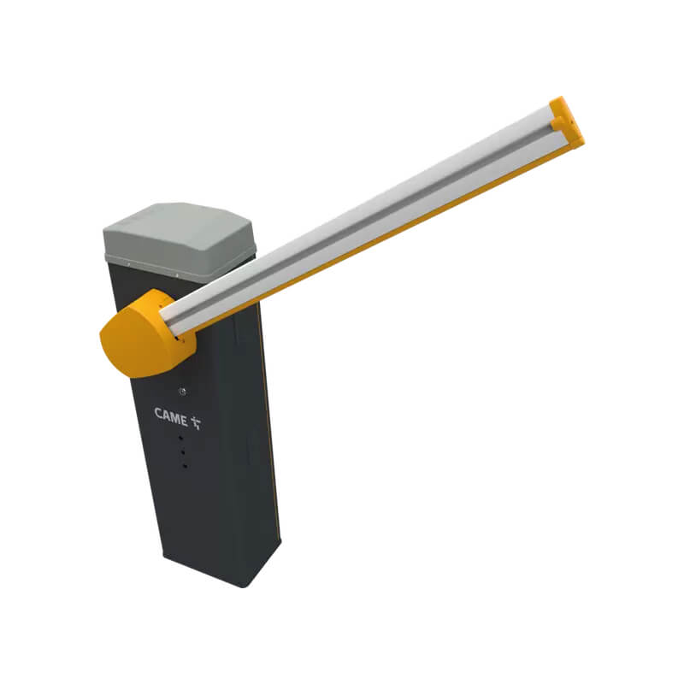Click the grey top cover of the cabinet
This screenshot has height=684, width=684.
pyautogui.click(x=179, y=239)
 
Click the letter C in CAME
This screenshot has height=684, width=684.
pyautogui.click(x=159, y=412)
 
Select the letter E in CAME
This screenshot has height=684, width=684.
pyautogui.click(x=183, y=421)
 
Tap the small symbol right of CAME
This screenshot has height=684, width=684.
pyautogui.click(x=197, y=422)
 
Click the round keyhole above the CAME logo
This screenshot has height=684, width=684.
pyautogui.click(x=183, y=392)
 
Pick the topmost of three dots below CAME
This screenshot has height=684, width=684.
pyautogui.click(x=180, y=438)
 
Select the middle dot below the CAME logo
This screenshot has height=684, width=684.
pyautogui.click(x=182, y=452)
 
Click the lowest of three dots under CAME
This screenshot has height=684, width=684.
pyautogui.click(x=185, y=466)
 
